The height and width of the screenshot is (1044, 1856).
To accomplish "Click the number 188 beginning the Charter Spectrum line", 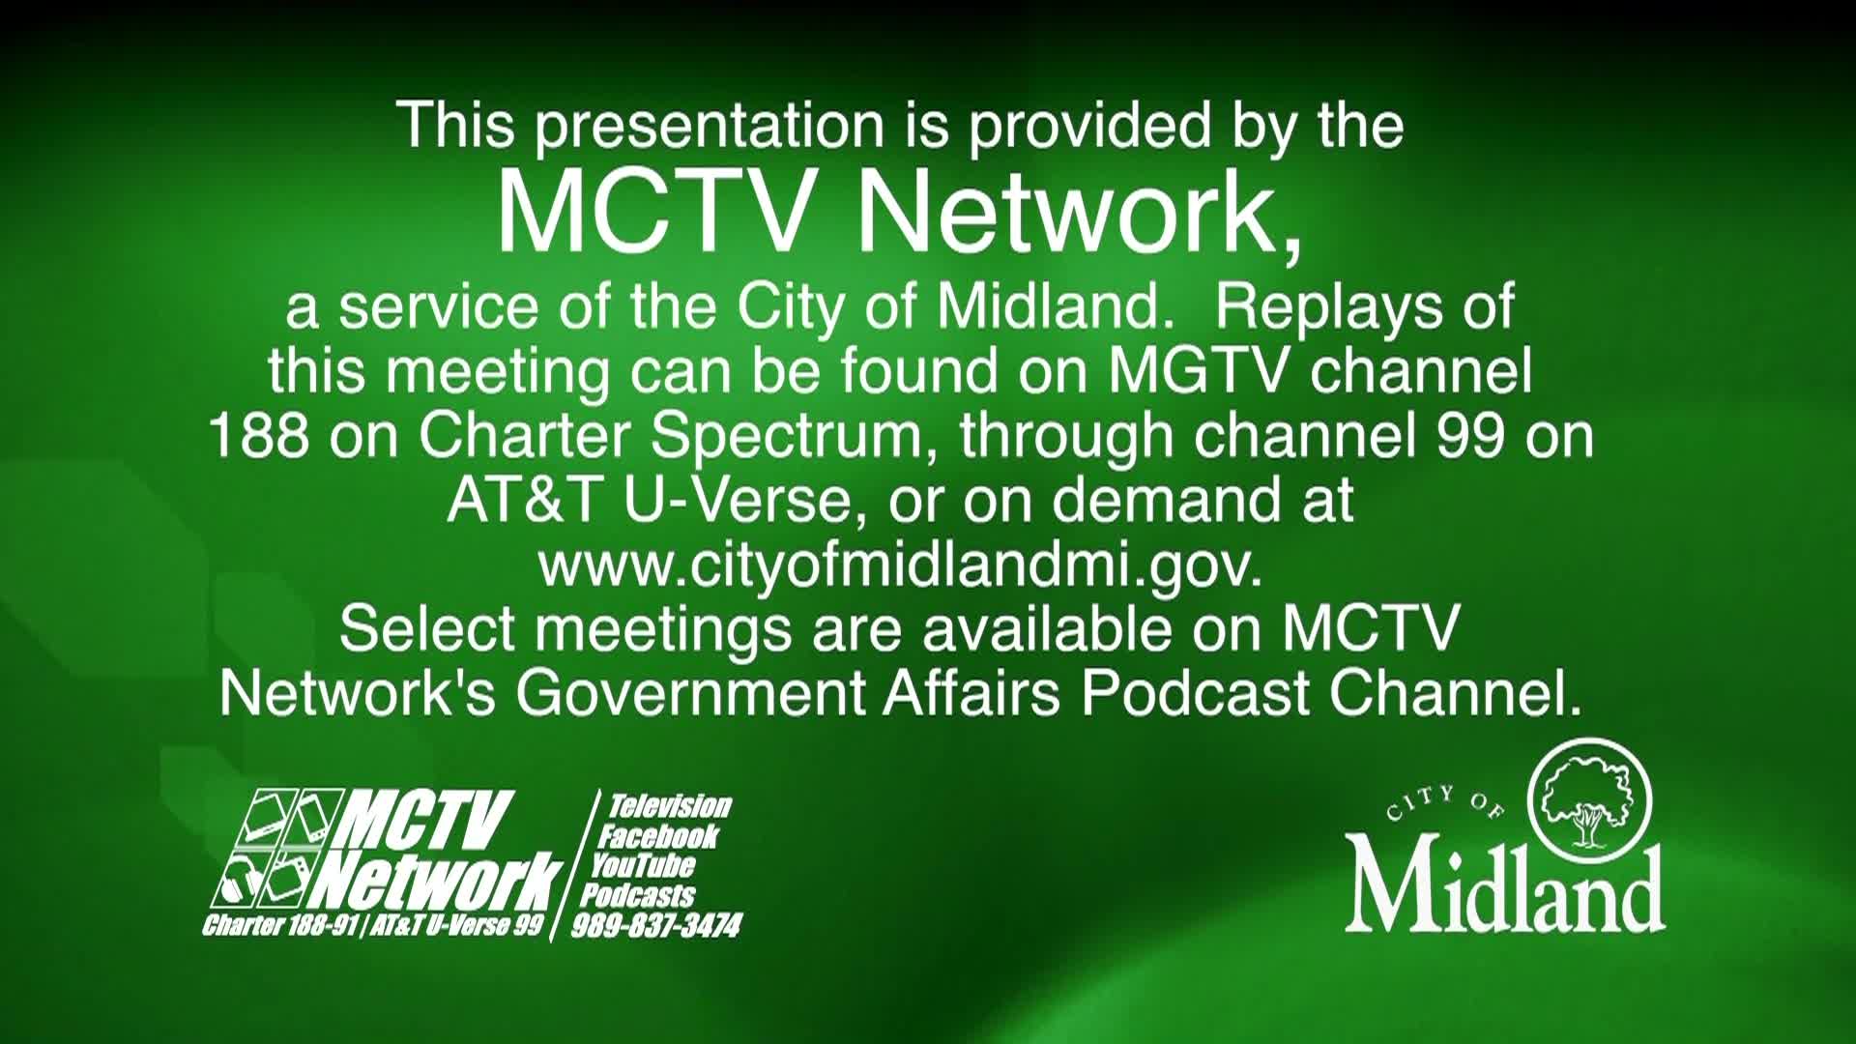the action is (x=259, y=436).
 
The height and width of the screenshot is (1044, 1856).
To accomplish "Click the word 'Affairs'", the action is (x=971, y=692).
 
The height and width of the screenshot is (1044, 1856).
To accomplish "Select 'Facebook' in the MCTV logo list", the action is (x=657, y=836).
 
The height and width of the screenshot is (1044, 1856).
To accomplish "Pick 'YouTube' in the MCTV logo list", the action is (x=643, y=865).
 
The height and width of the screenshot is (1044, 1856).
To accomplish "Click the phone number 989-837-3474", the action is (x=656, y=926).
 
